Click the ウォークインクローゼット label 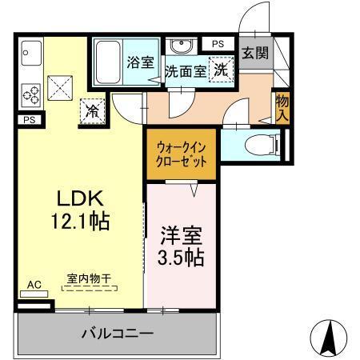point(181,153)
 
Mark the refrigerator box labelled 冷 point(94,111)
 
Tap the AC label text point(34,284)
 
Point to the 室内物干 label point(89,279)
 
